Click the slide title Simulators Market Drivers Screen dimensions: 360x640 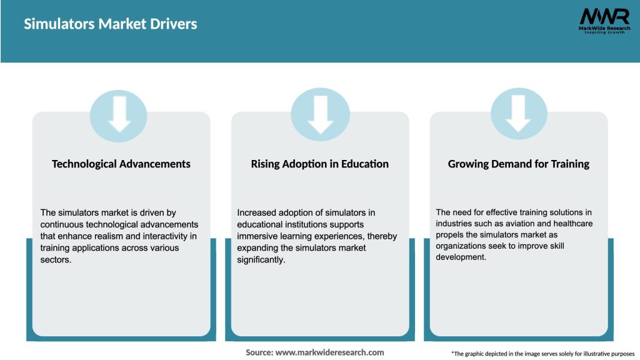pos(111,24)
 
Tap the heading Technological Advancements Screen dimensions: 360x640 pos(121,164)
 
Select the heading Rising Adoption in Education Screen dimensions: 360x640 pos(320,164)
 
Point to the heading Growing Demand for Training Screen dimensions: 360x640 pos(519,164)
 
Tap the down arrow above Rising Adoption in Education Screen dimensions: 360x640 pos(321,114)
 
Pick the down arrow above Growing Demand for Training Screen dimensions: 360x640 pos(519,114)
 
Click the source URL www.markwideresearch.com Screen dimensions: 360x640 pos(330,352)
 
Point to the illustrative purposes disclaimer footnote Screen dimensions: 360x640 pos(542,354)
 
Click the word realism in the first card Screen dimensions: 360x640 pos(112,236)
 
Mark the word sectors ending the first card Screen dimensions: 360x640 pos(56,259)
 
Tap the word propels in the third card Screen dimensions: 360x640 pos(450,236)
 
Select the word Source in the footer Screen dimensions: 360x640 pos(259,352)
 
